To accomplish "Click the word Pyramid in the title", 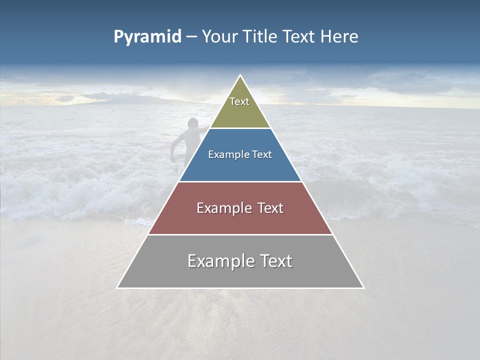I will [147, 37].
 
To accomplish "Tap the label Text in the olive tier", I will [239, 101].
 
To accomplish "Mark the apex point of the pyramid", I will [240, 75].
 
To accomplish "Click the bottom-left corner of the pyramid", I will [117, 288].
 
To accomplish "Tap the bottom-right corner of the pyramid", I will [363, 288].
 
